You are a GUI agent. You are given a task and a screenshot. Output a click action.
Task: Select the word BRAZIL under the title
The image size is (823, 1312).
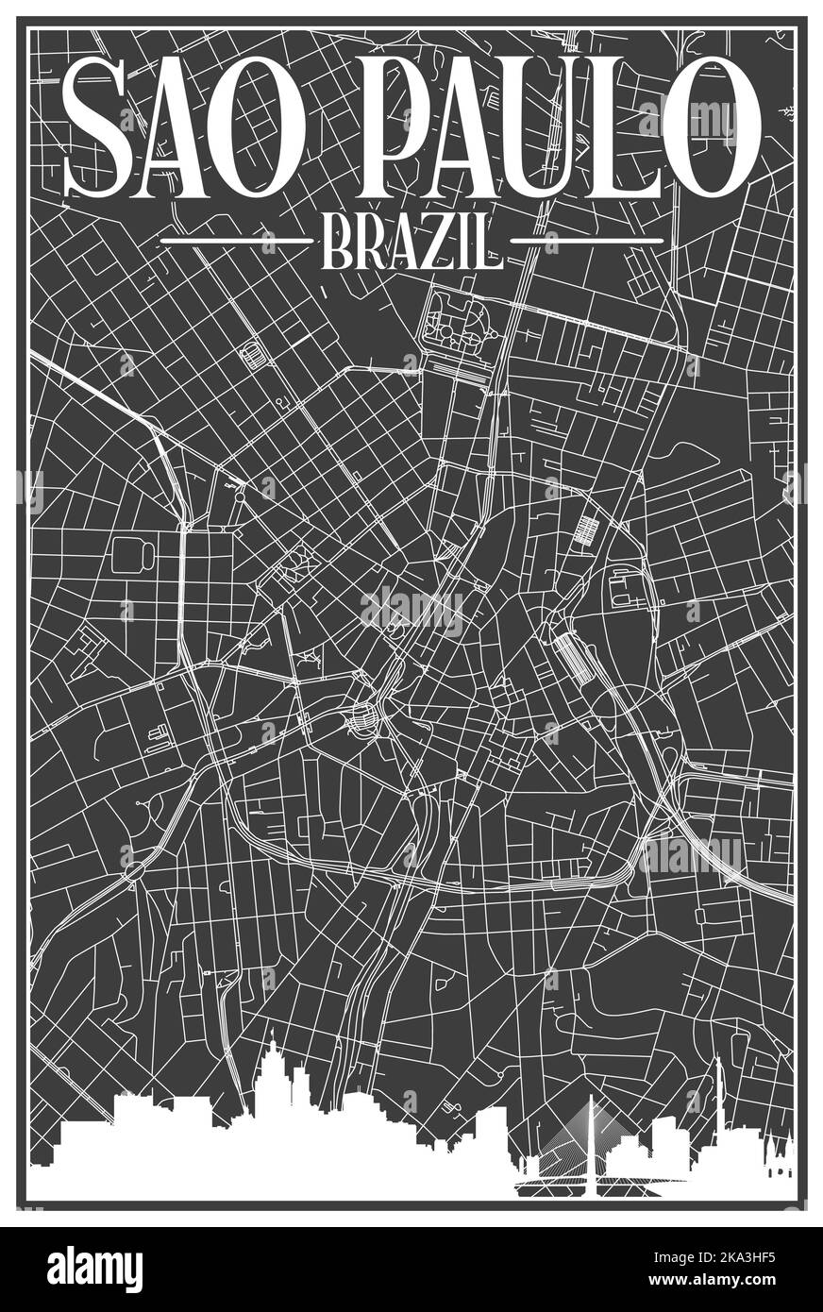tap(411, 242)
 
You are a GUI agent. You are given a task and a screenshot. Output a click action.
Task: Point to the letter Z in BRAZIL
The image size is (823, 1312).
tap(439, 242)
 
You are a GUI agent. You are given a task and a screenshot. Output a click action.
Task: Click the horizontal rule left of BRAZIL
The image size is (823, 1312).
tap(236, 242)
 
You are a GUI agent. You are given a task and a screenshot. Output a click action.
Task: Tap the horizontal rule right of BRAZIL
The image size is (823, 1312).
tap(587, 242)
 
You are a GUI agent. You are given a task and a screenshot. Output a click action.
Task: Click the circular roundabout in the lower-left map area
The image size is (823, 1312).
tap(133, 870)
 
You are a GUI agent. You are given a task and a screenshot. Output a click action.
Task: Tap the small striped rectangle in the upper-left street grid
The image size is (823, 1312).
tap(252, 357)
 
